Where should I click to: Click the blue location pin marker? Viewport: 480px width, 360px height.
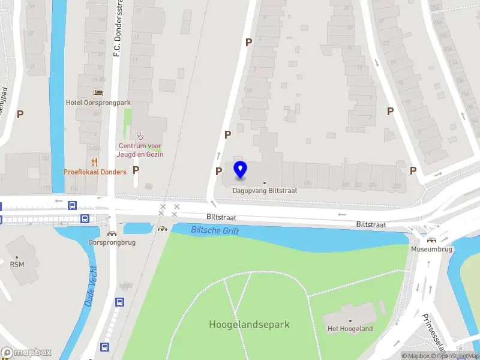tap(240, 170)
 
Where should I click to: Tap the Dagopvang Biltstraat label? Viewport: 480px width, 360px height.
tap(265, 190)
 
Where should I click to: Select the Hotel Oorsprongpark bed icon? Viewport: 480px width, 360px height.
tap(98, 92)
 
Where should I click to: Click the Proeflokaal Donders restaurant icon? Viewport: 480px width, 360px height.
tap(94, 162)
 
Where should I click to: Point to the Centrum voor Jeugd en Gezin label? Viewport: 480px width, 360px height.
tap(140, 150)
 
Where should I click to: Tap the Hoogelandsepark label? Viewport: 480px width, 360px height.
tap(249, 325)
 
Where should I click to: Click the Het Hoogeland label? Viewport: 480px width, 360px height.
tap(350, 329)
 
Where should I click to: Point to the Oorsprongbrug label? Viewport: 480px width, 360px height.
tap(112, 242)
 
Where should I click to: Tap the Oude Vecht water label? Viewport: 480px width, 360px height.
tap(91, 286)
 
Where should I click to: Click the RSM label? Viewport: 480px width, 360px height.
tap(17, 263)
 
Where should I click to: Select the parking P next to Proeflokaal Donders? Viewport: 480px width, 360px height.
tap(136, 170)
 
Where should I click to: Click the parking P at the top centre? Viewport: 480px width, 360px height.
tap(248, 42)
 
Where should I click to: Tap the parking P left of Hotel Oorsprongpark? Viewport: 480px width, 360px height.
tap(20, 114)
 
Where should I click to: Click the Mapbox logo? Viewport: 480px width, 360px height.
tap(26, 353)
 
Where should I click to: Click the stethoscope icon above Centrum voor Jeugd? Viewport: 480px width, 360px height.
tap(140, 136)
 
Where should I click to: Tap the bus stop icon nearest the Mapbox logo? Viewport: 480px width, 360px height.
tap(104, 347)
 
